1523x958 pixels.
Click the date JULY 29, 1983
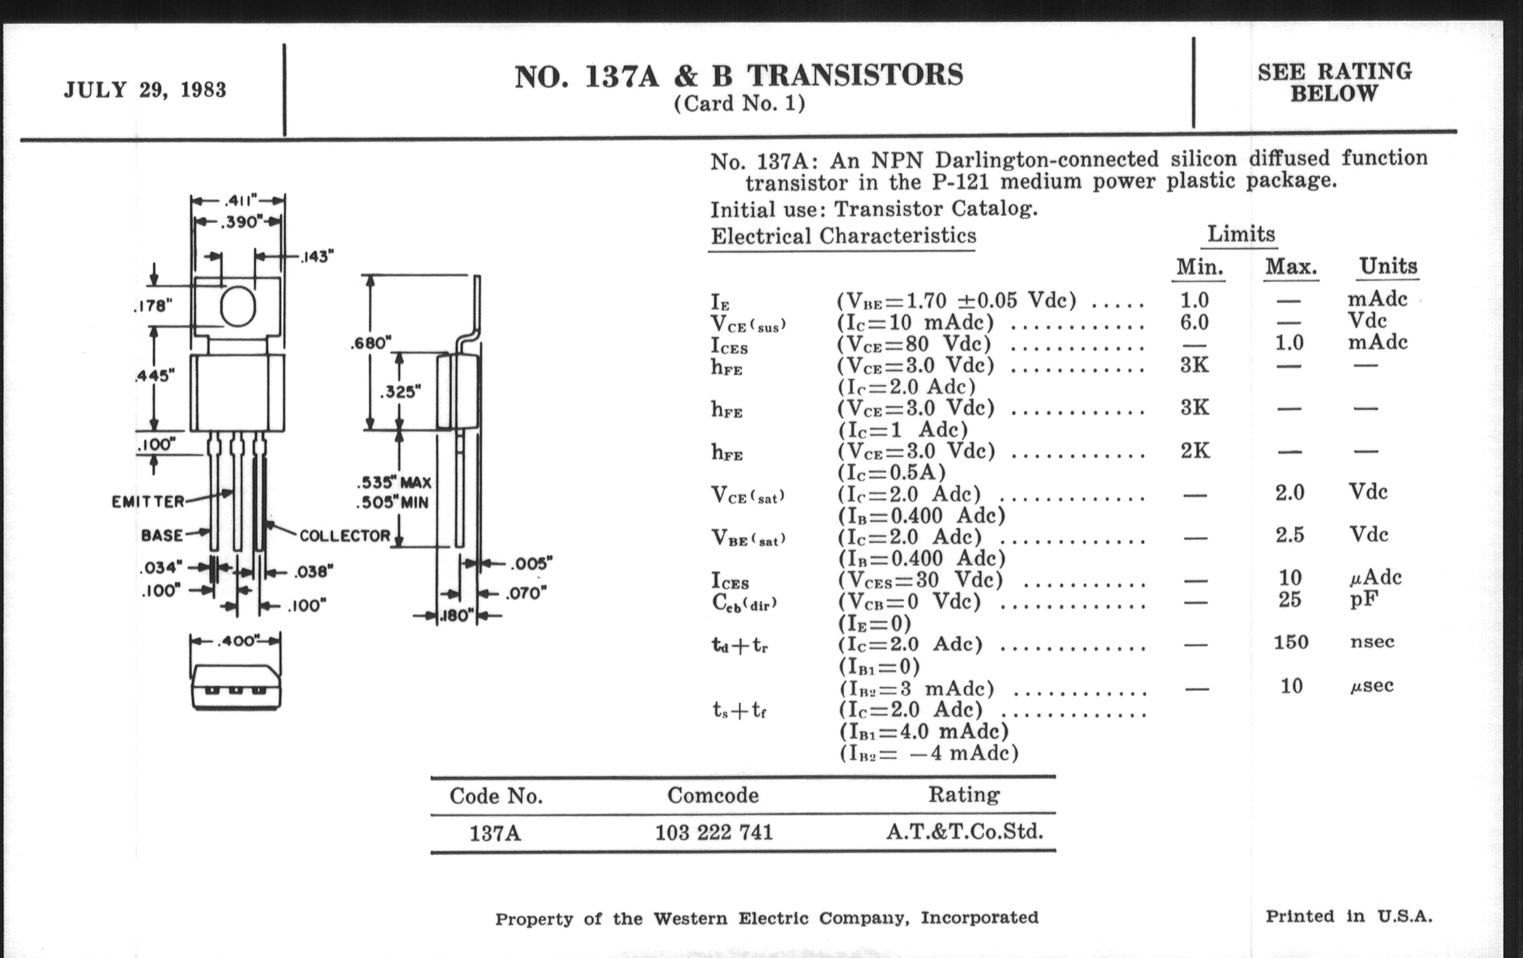(145, 90)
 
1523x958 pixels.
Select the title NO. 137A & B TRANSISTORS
(738, 76)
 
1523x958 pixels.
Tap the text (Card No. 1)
(739, 103)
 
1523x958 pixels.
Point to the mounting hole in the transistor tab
(238, 307)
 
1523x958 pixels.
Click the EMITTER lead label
(148, 502)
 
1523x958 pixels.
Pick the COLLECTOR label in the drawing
(344, 535)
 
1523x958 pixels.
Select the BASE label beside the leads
(162, 535)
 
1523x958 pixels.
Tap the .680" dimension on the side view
(371, 343)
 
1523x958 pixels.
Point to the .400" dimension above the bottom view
(236, 641)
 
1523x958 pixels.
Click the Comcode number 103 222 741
(713, 832)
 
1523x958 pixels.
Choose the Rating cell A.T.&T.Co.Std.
(964, 831)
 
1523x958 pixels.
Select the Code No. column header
(496, 795)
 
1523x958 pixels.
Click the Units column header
(1388, 266)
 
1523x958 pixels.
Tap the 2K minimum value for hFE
(1195, 451)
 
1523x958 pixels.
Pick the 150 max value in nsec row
(1290, 642)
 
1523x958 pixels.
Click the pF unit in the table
(1363, 599)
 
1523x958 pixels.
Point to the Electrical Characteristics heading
(843, 236)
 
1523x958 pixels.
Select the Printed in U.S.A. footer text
(1348, 916)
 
